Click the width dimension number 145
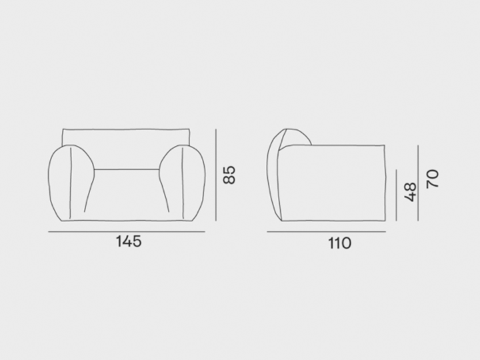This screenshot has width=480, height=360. click(127, 241)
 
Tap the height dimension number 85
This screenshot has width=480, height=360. click(229, 175)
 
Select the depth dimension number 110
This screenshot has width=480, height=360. click(339, 243)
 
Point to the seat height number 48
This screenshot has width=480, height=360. click(411, 191)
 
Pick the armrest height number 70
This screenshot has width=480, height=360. click(433, 178)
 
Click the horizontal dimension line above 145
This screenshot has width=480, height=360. click(127, 232)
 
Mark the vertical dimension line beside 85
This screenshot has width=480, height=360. click(216, 177)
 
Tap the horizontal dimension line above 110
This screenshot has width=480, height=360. click(326, 232)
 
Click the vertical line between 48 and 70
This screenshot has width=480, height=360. click(418, 183)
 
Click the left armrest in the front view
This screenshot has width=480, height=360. click(70, 183)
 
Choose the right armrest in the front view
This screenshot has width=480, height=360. click(181, 183)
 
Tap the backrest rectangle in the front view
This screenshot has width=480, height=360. click(127, 136)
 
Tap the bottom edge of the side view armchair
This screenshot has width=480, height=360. click(333, 221)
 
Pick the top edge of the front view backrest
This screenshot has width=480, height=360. click(127, 129)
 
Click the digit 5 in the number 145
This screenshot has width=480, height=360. click(137, 241)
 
